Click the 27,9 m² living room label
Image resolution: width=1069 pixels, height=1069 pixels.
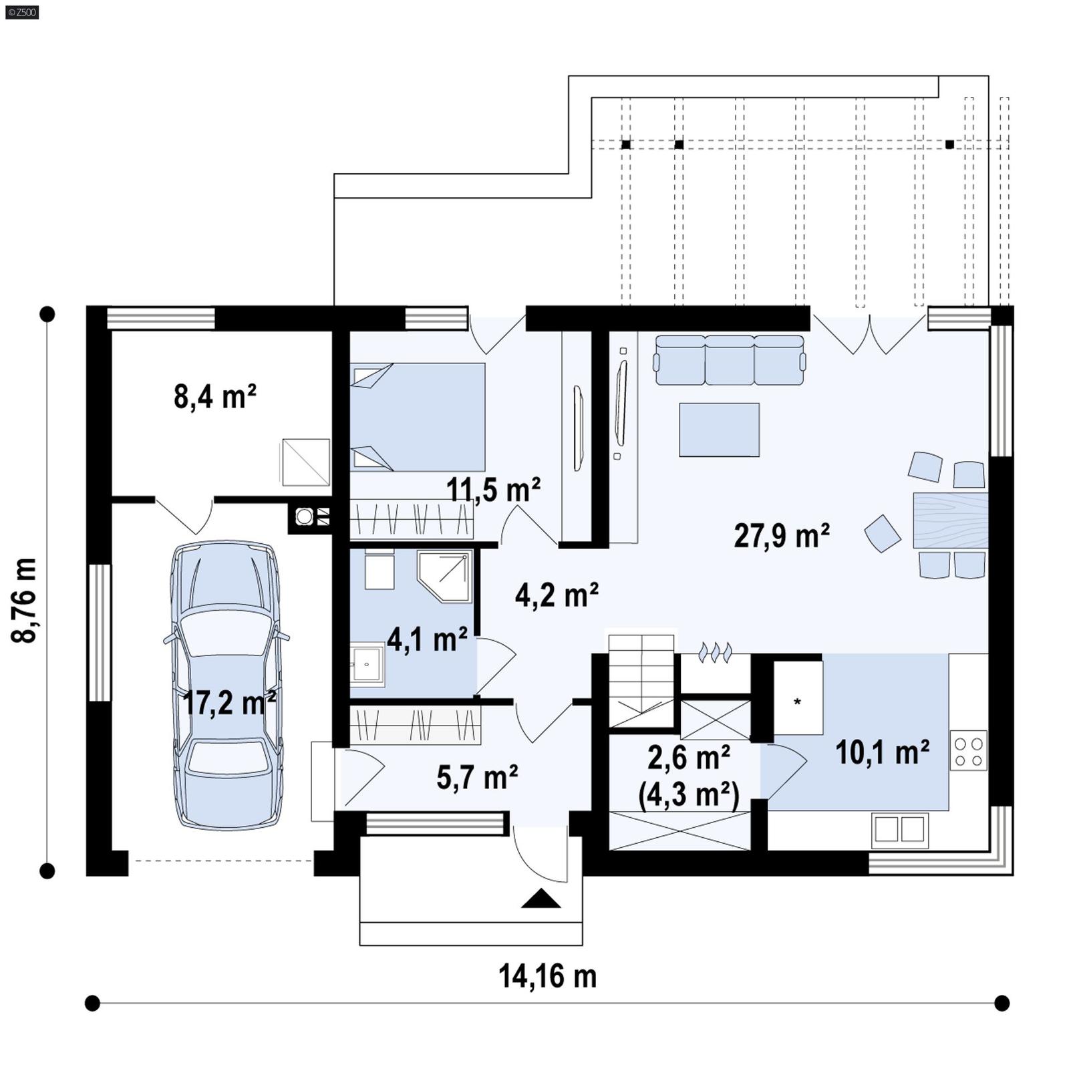[x=782, y=536]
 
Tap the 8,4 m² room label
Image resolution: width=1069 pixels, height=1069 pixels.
[x=215, y=397]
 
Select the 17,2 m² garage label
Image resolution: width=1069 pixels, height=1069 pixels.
[x=229, y=703]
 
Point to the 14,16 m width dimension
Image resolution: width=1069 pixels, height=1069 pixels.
[x=547, y=976]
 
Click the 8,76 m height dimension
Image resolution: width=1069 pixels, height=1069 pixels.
[x=24, y=600]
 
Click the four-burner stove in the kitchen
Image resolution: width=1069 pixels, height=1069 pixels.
[x=968, y=751]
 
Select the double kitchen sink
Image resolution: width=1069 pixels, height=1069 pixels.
[x=899, y=830]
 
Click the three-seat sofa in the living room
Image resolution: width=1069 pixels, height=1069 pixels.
[x=730, y=361]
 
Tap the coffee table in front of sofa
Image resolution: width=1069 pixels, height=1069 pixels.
[x=719, y=430]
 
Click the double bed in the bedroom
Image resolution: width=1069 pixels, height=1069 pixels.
[x=418, y=418]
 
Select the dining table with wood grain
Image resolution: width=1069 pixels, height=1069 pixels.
[x=950, y=521]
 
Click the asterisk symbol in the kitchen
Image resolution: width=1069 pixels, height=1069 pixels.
[x=797, y=702]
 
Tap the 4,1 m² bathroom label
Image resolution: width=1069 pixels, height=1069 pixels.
[x=427, y=640]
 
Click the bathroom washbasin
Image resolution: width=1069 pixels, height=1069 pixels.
[x=367, y=664]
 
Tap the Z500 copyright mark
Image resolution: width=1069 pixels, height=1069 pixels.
[x=21, y=11]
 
